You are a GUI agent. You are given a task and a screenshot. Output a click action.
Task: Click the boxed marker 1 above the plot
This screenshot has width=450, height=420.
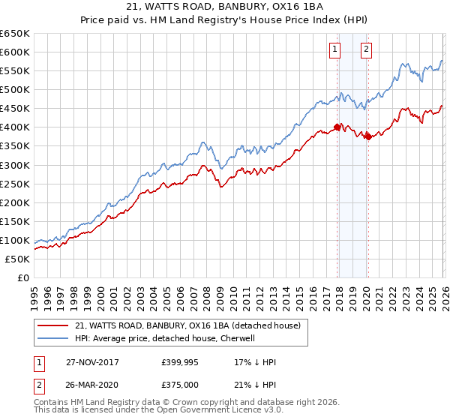point(334,50)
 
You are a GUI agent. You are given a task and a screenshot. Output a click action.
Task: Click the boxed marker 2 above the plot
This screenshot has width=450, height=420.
point(366,50)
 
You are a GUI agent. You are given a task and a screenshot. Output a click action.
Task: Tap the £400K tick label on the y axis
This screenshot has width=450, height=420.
point(15,127)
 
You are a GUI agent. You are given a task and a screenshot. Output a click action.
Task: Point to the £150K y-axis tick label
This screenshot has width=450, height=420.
point(15,221)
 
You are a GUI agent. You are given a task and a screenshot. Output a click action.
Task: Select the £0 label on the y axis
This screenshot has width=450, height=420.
point(22,277)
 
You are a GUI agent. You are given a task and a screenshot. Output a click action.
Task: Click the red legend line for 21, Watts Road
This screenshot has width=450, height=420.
point(53,325)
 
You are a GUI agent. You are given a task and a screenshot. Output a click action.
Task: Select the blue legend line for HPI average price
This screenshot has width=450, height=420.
point(53,338)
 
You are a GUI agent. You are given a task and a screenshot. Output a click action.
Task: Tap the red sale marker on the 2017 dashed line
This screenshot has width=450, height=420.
point(337,127)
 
